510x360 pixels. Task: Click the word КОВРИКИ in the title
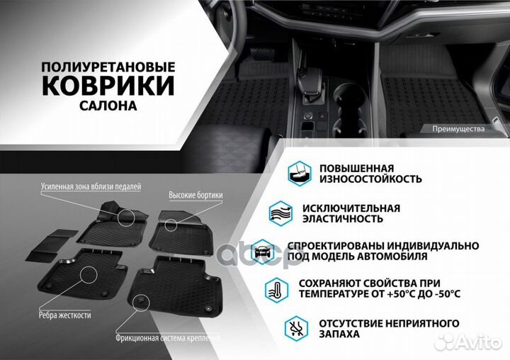point(108,85)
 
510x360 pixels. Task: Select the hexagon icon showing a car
point(261,250)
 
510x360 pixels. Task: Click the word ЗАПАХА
point(340,334)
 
